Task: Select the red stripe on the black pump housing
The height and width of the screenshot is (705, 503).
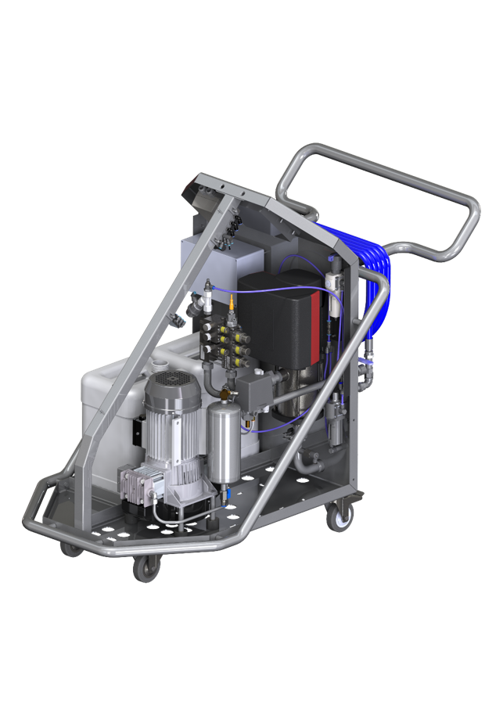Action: click(x=315, y=313)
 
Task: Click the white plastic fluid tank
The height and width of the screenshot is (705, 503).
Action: click(x=117, y=399)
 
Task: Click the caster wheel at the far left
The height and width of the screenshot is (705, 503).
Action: click(x=72, y=548)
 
